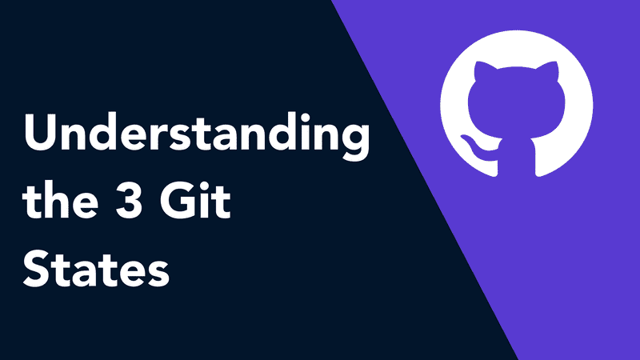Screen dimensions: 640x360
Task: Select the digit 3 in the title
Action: pos(129,202)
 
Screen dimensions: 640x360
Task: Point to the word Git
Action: pos(195,200)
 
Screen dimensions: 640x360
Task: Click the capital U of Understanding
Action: pos(41,132)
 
